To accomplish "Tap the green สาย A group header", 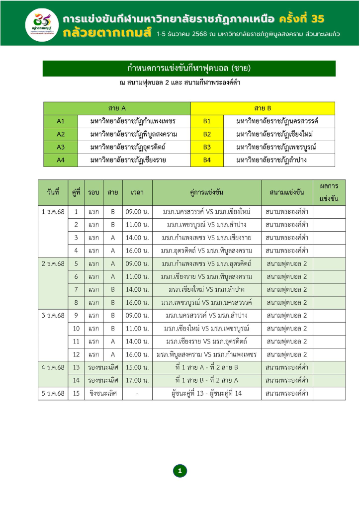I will tap(117, 108).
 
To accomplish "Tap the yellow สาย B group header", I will tap(263, 108).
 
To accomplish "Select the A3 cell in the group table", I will tap(61, 147).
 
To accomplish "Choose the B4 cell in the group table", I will tap(207, 160).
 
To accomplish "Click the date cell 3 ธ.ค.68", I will tap(53, 315).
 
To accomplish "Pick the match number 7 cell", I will tap(76, 289).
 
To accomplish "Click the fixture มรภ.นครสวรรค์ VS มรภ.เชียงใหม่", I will tap(206, 212).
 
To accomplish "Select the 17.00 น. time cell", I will tap(137, 380).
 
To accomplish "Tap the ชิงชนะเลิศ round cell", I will tap(103, 393).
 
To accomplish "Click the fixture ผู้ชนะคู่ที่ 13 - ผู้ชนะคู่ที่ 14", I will tap(206, 393).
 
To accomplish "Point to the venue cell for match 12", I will tap(287, 354).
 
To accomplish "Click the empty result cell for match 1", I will tap(329, 212).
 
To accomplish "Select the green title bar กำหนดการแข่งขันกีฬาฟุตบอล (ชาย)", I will tap(189, 68).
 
